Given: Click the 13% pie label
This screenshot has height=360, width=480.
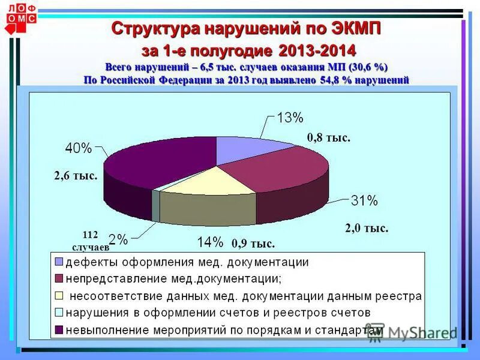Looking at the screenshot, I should (x=290, y=118).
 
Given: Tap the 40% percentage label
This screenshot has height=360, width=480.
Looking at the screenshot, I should (x=79, y=148).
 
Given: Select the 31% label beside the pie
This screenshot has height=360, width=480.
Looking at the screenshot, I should (x=364, y=200).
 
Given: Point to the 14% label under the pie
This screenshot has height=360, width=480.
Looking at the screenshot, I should (x=211, y=242).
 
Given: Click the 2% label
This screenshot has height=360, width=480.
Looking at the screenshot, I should (x=118, y=240).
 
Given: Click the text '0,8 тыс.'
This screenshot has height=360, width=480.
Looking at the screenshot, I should (x=328, y=138).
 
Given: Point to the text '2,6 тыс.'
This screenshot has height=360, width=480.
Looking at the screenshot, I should (x=76, y=176).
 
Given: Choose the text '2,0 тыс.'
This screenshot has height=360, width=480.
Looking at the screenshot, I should (x=367, y=228).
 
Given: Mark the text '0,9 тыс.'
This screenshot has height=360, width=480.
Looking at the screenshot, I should (x=253, y=244).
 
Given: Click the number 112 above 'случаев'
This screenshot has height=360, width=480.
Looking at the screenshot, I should (x=90, y=235).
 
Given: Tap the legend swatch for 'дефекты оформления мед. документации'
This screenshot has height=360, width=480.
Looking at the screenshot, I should (x=59, y=262).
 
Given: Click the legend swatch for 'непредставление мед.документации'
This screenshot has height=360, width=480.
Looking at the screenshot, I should (x=59, y=278).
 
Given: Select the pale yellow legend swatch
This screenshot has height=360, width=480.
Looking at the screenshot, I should (x=59, y=295).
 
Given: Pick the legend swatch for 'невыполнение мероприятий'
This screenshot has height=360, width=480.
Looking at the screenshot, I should (x=59, y=329).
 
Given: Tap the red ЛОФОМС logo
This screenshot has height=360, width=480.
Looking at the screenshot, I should (x=21, y=14).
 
